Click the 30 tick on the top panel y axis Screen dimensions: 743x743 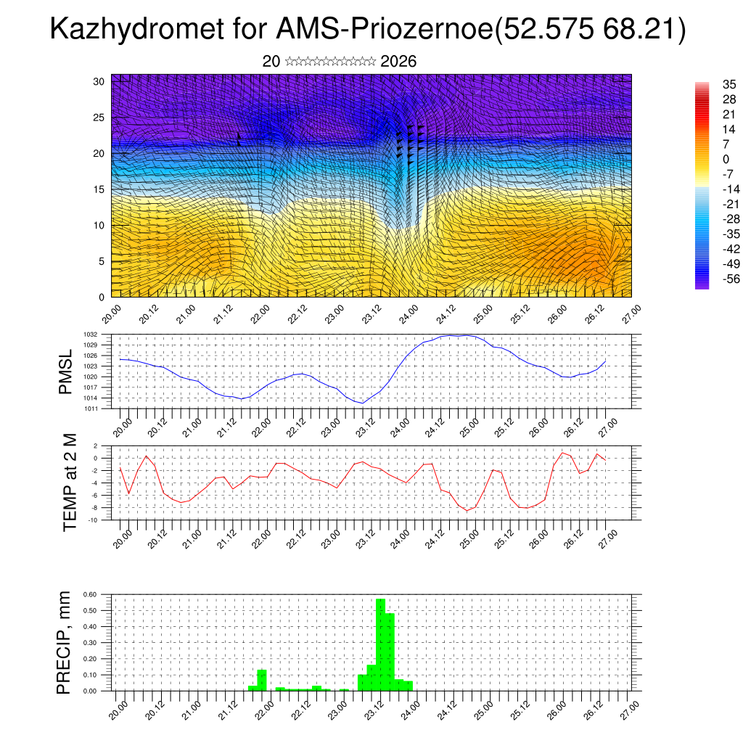coord(99,81)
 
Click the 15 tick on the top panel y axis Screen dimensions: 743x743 coord(99,189)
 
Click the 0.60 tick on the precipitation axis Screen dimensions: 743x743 coord(90,594)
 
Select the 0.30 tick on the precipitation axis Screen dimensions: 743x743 coord(90,642)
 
